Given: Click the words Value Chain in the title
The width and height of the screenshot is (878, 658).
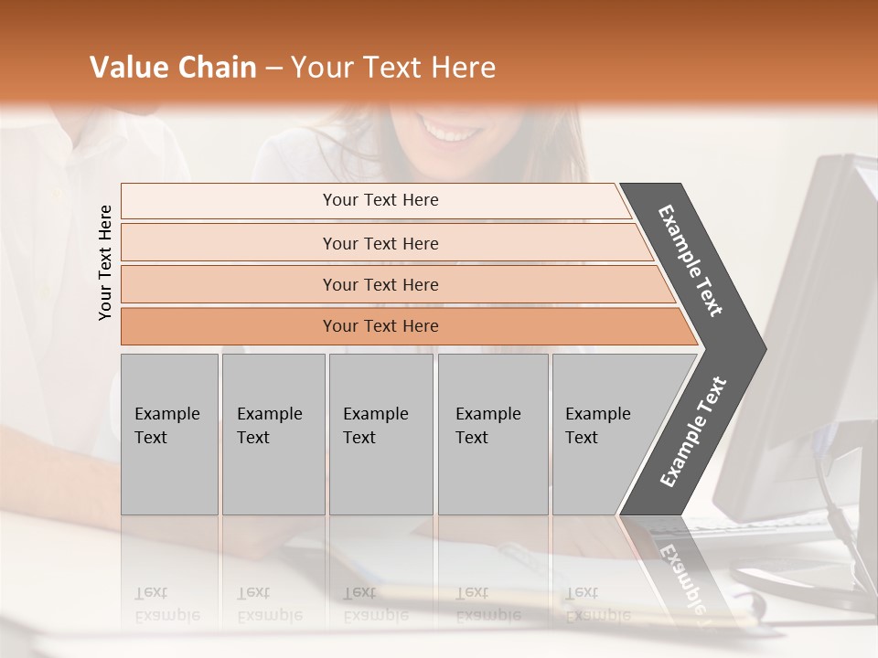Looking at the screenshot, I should [x=173, y=68].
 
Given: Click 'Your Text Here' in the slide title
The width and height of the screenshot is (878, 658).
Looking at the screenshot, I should [x=393, y=68].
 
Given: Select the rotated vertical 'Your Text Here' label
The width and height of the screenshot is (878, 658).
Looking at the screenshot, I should [x=105, y=262].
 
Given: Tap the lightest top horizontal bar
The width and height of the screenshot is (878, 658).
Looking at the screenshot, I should [x=229, y=201].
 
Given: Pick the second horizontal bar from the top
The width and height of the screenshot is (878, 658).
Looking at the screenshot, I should [x=229, y=243].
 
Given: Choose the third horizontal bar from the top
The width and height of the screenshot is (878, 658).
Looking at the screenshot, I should [x=229, y=284].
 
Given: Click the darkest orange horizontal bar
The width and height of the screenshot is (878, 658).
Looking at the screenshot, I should [x=229, y=326].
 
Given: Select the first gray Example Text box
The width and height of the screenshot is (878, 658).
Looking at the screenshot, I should [x=169, y=434].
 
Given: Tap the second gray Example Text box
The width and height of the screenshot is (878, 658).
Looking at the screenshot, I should [x=273, y=434].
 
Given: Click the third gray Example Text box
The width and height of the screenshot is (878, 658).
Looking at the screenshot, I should [x=380, y=434].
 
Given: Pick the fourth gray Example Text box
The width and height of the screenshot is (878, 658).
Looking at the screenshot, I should [x=493, y=434].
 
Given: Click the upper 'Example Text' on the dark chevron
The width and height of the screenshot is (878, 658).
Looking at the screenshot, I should [x=691, y=260].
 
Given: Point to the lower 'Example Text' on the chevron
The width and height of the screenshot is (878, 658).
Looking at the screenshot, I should [x=692, y=432].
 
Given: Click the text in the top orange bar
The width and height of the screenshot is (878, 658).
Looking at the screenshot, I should [x=380, y=200].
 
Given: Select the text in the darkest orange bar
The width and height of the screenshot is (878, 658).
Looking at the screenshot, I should [x=380, y=326].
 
